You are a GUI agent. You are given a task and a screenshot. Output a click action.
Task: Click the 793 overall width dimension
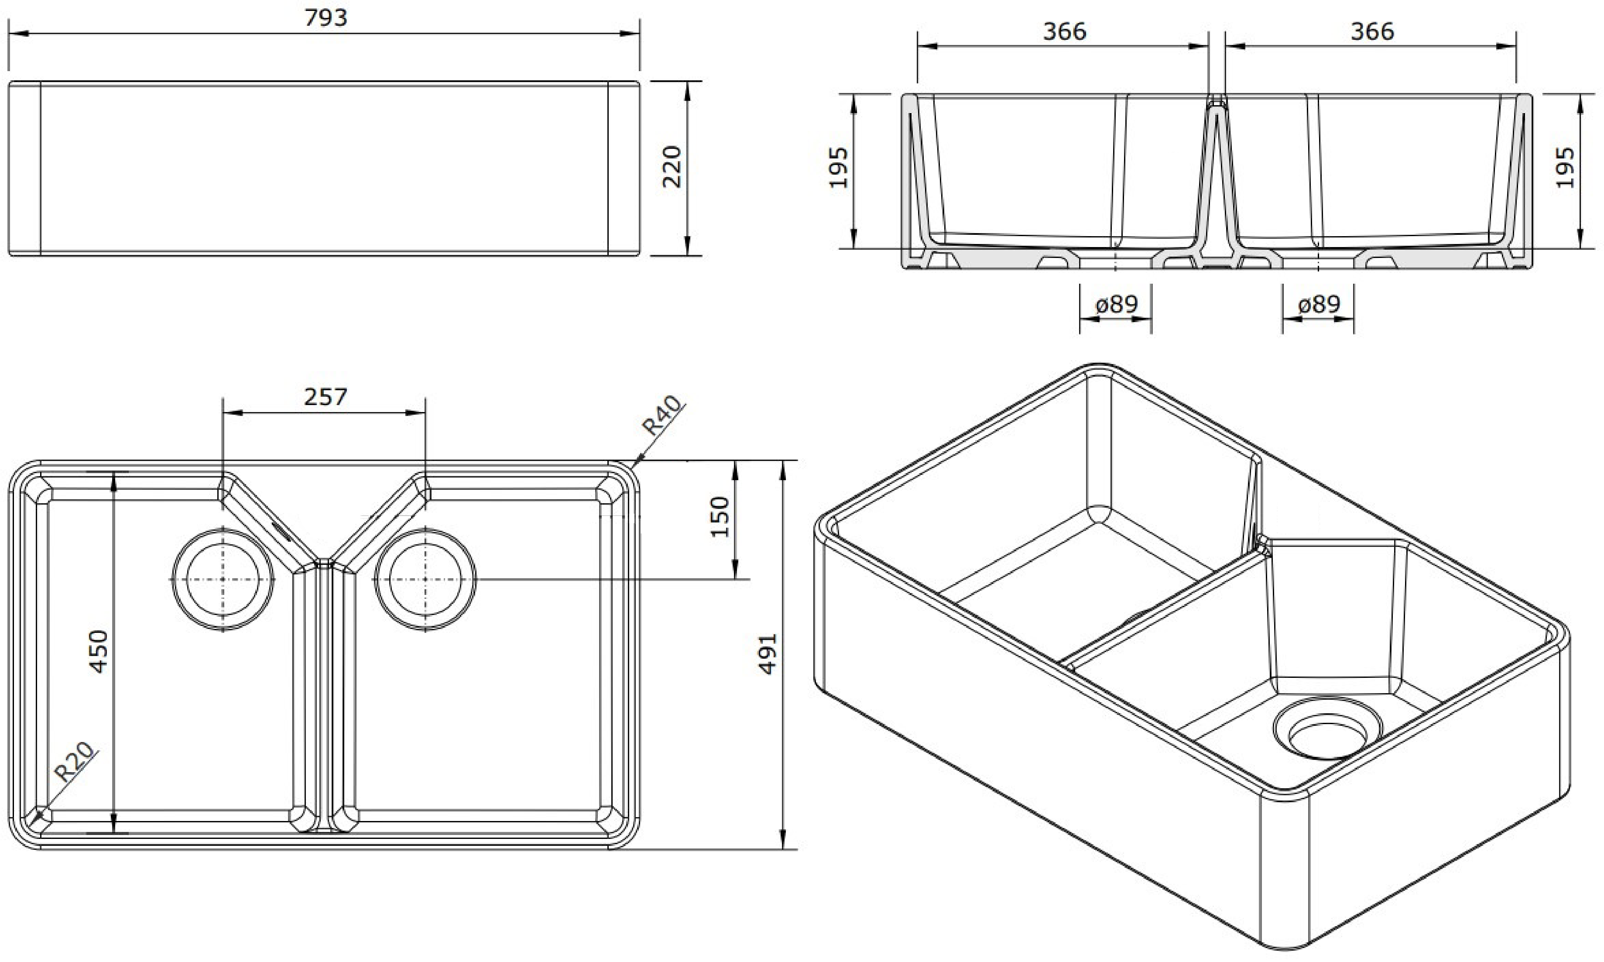[x=326, y=17]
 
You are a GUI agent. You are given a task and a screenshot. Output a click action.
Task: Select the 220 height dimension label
[x=672, y=167]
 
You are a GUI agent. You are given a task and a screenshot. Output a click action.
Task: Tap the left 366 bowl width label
[x=1064, y=31]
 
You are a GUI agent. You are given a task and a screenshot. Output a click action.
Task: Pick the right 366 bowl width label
[x=1372, y=31]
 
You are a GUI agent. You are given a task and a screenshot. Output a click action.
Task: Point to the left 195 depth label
[x=839, y=167]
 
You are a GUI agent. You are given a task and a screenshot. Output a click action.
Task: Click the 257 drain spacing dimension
[x=326, y=396]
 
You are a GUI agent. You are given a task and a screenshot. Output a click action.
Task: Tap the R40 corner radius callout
[x=661, y=416]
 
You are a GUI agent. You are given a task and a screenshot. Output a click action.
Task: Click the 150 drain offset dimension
[x=720, y=517]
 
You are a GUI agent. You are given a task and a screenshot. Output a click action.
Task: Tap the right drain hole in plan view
[x=425, y=579]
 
